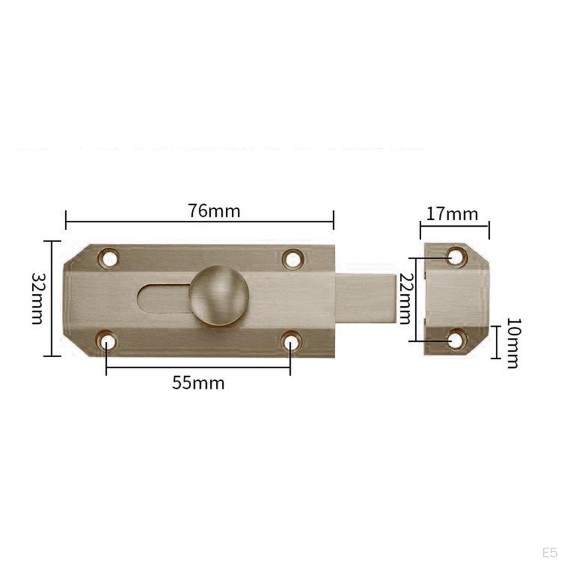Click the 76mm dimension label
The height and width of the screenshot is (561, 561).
click(x=214, y=211)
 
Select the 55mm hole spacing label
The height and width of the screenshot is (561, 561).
click(x=198, y=383)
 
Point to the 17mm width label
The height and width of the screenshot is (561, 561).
click(x=453, y=214)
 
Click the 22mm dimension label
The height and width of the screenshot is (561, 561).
click(x=405, y=299)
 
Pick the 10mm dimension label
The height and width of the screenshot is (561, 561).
click(x=512, y=343)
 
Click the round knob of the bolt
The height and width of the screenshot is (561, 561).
click(x=219, y=295)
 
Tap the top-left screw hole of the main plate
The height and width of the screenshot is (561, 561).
click(x=109, y=257)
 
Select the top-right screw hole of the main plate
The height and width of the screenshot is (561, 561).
click(x=293, y=258)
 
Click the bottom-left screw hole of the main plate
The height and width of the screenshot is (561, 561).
click(x=108, y=342)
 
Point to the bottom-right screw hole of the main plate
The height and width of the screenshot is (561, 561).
click(x=291, y=342)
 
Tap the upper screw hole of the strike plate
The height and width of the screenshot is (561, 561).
click(x=456, y=256)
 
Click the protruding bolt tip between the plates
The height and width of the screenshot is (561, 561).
click(x=366, y=299)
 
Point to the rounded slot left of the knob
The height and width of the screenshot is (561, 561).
click(x=162, y=299)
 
